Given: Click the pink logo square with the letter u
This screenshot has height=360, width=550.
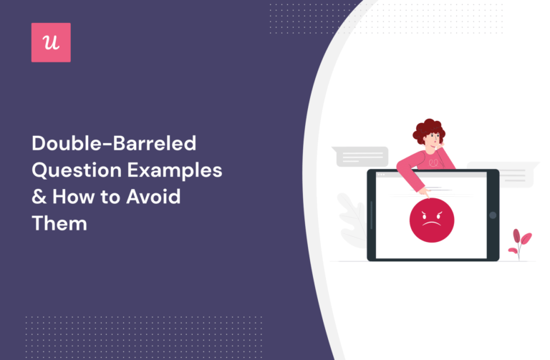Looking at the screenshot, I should coord(51,42).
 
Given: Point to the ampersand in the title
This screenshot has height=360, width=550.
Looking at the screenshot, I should coord(38,197).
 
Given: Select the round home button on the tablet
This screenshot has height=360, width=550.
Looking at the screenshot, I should coord(492,215).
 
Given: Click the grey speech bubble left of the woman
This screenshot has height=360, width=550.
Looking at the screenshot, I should coord(361,156).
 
